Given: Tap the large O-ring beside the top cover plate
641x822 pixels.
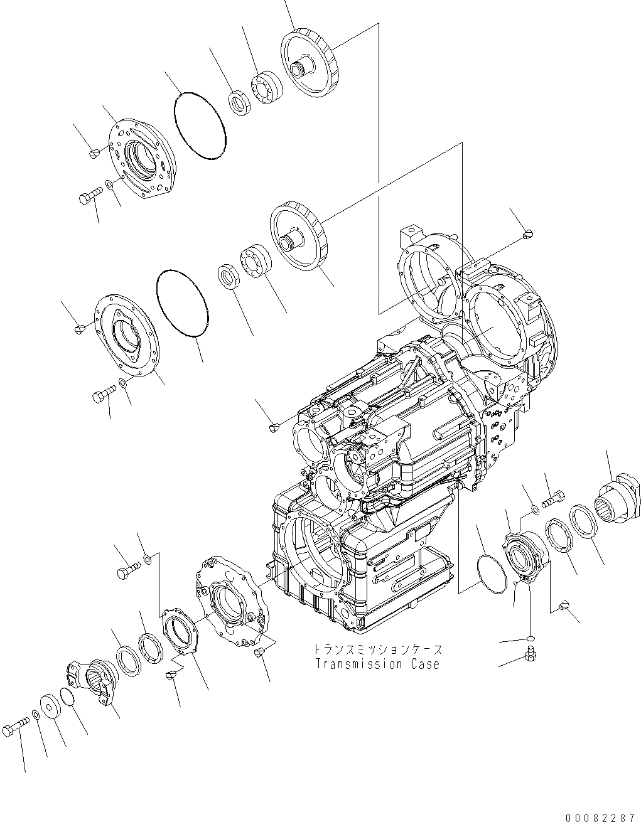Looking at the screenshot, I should (198, 125).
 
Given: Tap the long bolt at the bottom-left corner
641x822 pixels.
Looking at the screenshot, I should (16, 727).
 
